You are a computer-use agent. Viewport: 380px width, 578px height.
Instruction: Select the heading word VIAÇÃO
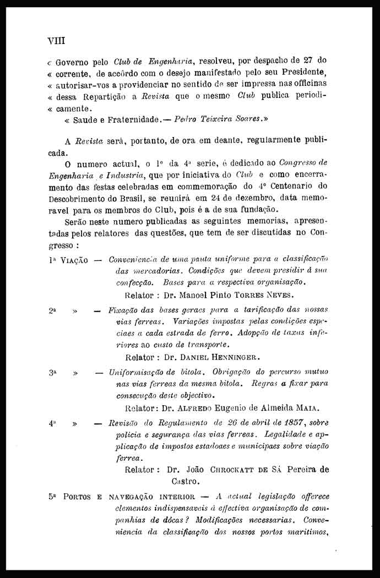[73, 260]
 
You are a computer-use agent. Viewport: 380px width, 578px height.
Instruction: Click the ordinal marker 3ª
[52, 373]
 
